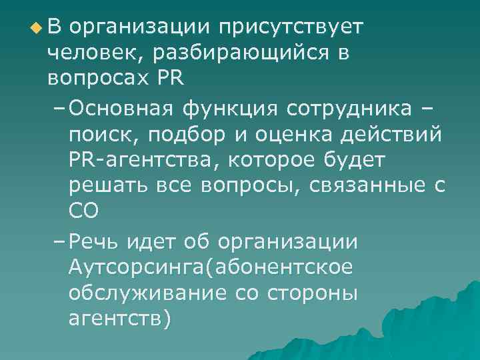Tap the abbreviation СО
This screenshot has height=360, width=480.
[x=83, y=211]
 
